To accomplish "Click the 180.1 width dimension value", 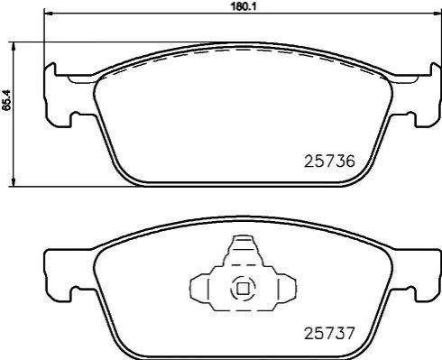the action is (x=243, y=6).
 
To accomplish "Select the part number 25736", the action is (x=329, y=162).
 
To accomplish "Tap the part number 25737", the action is (x=329, y=333).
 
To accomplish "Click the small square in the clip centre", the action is (x=243, y=289).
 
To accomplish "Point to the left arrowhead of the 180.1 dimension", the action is (x=48, y=14).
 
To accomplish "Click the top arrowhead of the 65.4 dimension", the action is (x=14, y=47).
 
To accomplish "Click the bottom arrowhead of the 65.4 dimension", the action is (x=14, y=181).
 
